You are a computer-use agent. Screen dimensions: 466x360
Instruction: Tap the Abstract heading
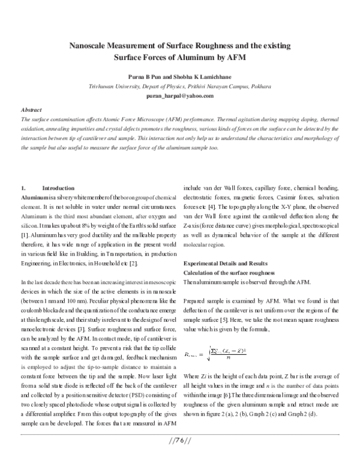tap(31, 111)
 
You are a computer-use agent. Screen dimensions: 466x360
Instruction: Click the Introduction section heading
tap(59, 188)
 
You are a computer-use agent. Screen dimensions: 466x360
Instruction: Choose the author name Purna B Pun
tap(146, 77)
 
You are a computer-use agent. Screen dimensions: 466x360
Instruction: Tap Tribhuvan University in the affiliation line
tap(113, 86)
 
